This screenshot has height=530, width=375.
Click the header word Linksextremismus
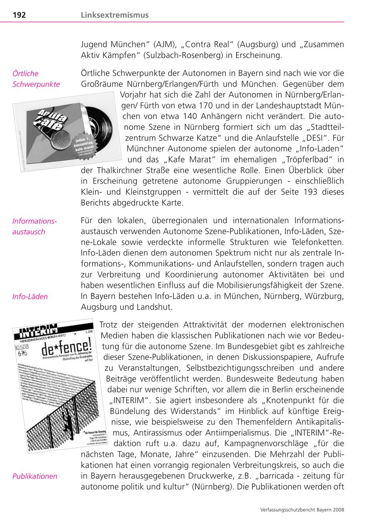[115, 15]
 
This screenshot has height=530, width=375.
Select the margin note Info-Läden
[30, 297]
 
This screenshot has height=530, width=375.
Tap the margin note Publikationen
[35, 476]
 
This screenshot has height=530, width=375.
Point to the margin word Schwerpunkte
[36, 84]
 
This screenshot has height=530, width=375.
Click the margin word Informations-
[35, 221]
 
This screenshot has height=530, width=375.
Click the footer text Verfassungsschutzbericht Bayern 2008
[302, 509]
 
